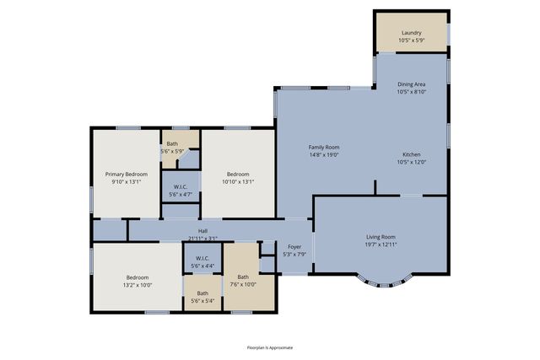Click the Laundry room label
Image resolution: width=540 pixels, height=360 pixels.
pos(412,33)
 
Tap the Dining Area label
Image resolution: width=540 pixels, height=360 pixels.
pos(412,84)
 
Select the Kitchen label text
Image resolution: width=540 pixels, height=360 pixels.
pos(412,155)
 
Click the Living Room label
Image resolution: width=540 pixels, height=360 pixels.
pos(381,237)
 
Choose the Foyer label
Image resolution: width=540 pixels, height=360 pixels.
pos(294,247)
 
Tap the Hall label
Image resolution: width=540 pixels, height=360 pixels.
pos(202,231)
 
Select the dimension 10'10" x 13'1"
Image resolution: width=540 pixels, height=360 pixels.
pos(237,182)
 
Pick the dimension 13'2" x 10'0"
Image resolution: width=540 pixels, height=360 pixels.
pos(138,285)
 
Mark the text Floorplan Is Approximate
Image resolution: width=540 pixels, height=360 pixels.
pos(270,347)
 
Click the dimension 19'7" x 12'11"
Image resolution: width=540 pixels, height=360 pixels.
pos(381,244)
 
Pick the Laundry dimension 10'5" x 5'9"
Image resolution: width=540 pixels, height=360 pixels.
pos(412,40)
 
